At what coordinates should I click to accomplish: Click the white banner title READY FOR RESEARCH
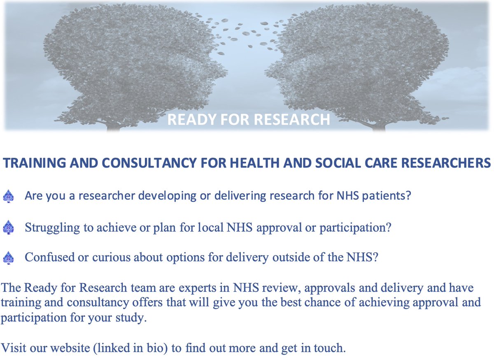(249, 119)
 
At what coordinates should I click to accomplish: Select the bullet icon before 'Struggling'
(8, 228)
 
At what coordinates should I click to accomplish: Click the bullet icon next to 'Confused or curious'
(8, 258)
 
